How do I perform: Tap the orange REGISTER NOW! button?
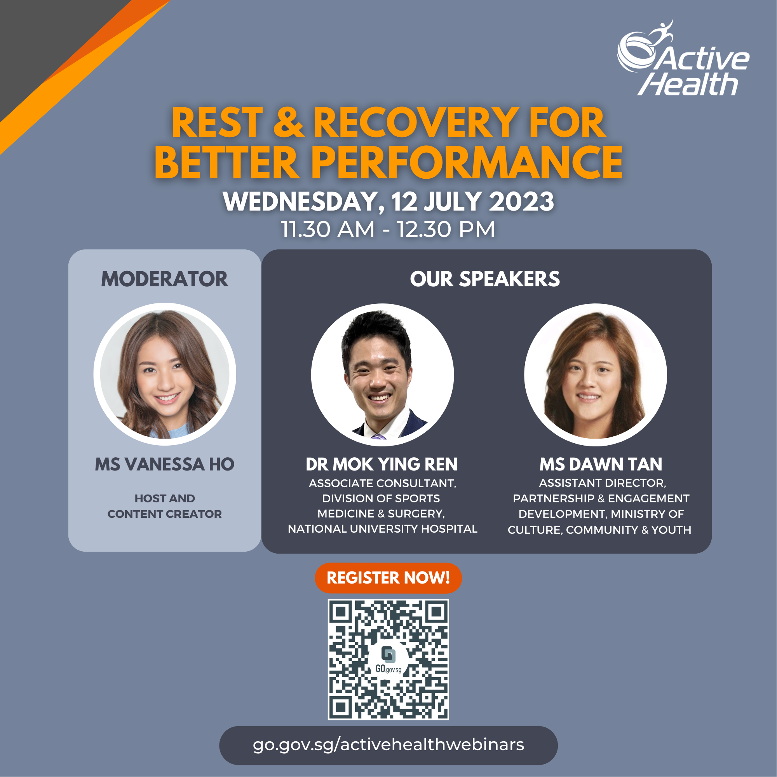click(x=388, y=578)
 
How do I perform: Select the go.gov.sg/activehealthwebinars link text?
click(x=388, y=745)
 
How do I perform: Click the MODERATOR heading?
click(x=164, y=279)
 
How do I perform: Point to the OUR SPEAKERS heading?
click(x=484, y=279)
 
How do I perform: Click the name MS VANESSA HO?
click(x=164, y=465)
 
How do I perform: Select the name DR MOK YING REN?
click(x=381, y=465)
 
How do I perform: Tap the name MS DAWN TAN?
click(x=601, y=465)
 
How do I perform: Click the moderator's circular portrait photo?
click(x=165, y=375)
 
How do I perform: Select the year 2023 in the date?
click(x=521, y=202)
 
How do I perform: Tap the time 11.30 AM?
click(x=328, y=230)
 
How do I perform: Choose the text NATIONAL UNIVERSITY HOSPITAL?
click(x=382, y=529)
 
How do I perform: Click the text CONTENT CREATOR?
click(x=164, y=514)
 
